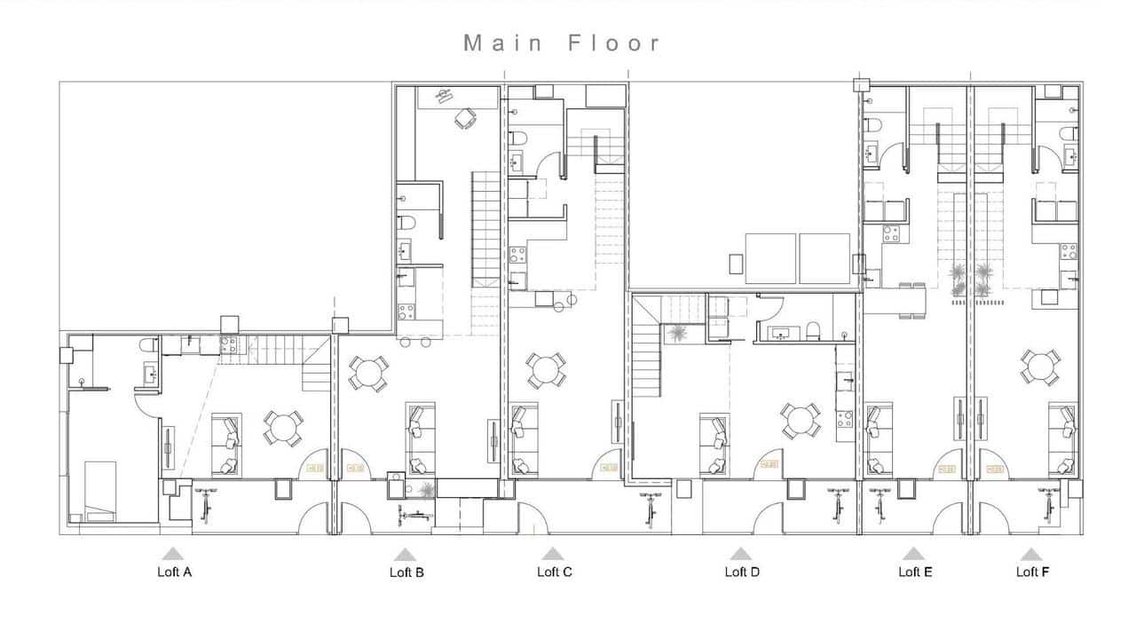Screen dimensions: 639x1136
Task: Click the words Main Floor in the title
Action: [562, 43]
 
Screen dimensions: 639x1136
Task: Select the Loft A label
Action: [174, 572]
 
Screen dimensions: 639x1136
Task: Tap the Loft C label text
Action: [554, 572]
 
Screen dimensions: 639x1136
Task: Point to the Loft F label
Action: [1032, 572]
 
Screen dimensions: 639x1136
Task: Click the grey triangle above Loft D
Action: [741, 554]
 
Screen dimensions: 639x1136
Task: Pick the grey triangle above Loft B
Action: [406, 554]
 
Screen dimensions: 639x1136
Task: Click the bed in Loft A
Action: [99, 490]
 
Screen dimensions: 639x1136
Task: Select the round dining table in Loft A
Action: [283, 428]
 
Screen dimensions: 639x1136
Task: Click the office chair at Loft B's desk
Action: [465, 118]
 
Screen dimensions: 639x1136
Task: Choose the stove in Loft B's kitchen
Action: [406, 312]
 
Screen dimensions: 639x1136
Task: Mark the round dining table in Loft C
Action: [545, 370]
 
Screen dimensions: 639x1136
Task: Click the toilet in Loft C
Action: [517, 138]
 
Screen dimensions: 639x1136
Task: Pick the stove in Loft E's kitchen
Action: [889, 233]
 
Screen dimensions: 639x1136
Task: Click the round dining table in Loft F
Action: [1039, 367]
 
